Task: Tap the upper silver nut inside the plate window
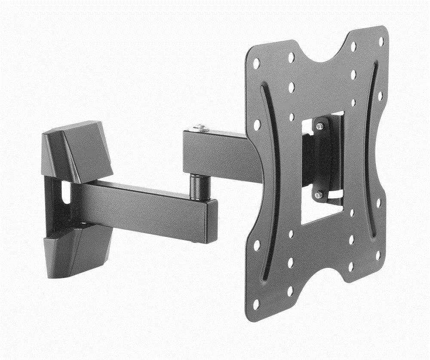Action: pos(319,126)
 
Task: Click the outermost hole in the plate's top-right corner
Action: pos(381,41)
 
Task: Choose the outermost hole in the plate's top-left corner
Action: pos(256,64)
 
